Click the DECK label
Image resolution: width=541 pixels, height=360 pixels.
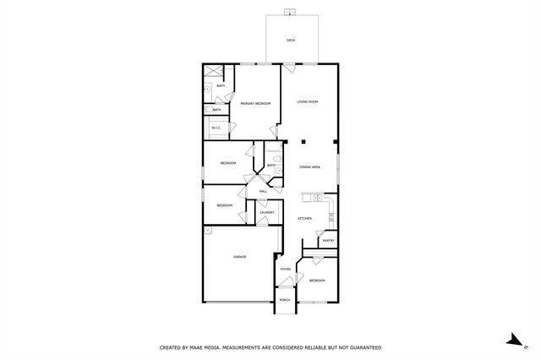pos(290,41)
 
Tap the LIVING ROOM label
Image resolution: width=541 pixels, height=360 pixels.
pos(307,102)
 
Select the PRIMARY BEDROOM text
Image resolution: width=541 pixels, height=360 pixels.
pos(255,103)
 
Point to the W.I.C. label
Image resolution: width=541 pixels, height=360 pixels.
pos(216,128)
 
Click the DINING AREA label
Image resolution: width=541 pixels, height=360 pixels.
pos(309,167)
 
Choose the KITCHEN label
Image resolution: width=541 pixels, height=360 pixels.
pos(305,219)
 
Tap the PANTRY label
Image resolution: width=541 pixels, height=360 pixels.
pos(328,241)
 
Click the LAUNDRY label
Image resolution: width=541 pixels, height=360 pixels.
pos(267,212)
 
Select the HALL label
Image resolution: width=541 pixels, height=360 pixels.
pos(264,192)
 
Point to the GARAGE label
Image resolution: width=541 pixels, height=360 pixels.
pos(239,257)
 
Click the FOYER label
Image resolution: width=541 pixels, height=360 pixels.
pos(286,270)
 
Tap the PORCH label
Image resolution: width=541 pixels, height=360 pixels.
pos(285,300)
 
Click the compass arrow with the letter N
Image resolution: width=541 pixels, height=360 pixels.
pos(512,341)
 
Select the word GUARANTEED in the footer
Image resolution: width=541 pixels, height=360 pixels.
pos(361,347)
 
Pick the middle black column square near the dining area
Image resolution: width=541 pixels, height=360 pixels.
pos(310,142)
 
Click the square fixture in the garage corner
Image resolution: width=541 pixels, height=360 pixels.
pos(206,230)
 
